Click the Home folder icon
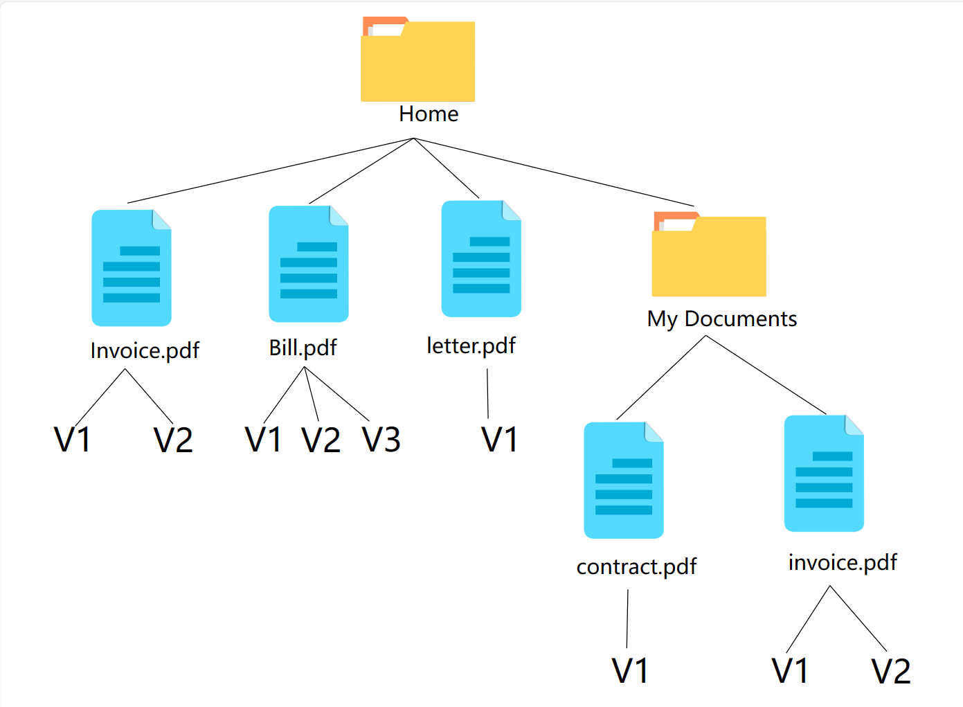pos(417,61)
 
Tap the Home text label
pos(429,114)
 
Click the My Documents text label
pos(721,319)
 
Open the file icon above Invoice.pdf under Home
pos(132,268)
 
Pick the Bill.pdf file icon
pos(309,264)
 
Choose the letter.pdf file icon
pos(481,259)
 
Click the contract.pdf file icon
pos(624,481)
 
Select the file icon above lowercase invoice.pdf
pos(824,474)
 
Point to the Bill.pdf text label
pos(303,348)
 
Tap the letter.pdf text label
pos(471,346)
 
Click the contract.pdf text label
pos(636,567)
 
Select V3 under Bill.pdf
pos(381,440)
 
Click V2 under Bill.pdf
pos(321,440)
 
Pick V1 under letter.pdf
pos(499,440)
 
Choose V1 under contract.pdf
pos(630,671)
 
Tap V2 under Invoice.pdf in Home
pos(173,440)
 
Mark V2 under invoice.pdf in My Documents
pos(890,671)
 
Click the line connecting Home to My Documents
pos(554,172)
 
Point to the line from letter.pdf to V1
pos(487,393)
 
